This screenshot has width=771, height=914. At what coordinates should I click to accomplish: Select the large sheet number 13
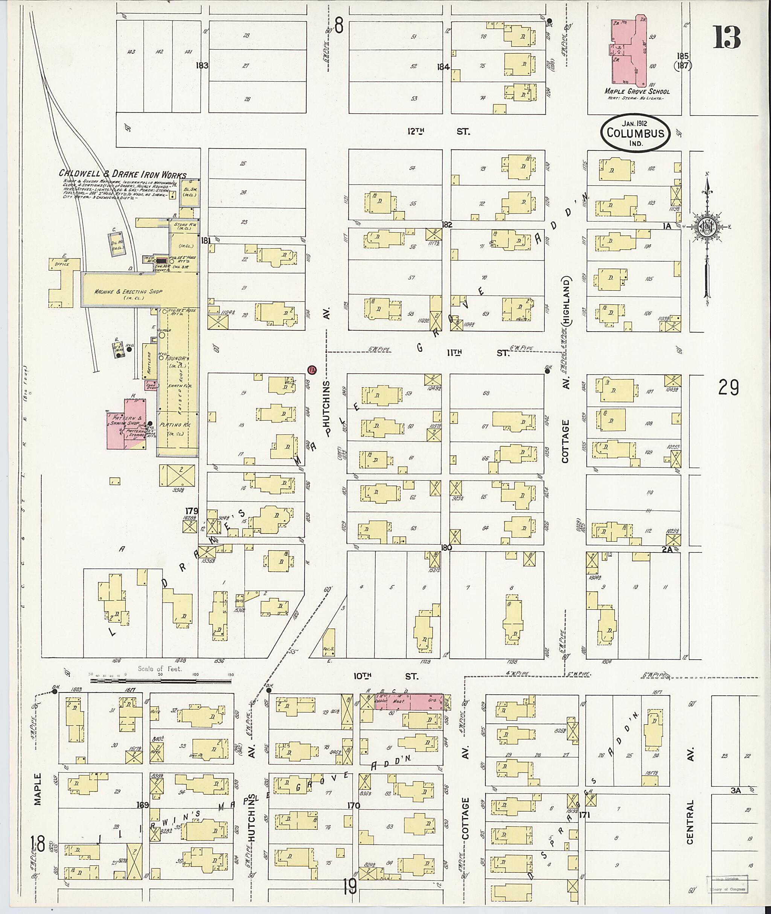tap(727, 38)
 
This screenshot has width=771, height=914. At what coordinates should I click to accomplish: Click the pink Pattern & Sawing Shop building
tap(127, 423)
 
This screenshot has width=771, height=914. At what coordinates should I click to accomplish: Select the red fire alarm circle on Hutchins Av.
tap(312, 370)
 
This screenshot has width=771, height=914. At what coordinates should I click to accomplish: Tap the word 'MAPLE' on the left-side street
tap(38, 789)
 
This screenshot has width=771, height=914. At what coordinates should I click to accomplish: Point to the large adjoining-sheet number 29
tap(728, 388)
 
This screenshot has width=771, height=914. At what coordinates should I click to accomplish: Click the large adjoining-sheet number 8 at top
tap(338, 25)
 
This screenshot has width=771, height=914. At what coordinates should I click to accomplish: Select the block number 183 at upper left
tap(203, 65)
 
